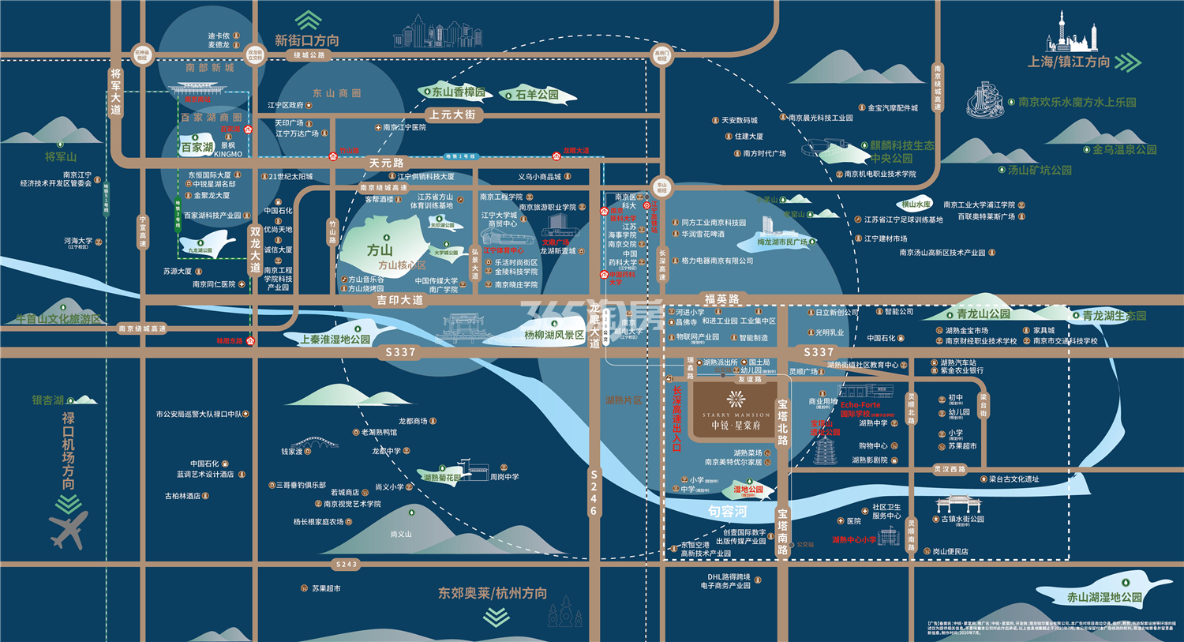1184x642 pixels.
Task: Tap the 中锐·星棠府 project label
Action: pos(736,425)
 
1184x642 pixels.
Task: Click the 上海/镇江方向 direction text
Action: pos(1069,62)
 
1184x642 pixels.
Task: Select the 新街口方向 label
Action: pos(307,40)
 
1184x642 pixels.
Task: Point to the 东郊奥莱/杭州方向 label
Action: pos(493,593)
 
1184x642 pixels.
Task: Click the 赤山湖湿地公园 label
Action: pos(1104,597)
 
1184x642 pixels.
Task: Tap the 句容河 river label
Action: pos(727,512)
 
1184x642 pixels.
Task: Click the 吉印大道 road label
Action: pos(399,300)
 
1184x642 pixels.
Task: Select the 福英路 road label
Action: pos(721,299)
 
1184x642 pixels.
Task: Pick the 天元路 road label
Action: pos(386,163)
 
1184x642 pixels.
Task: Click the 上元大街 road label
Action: pos(452,115)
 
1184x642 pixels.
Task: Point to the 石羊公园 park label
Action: pos(537,95)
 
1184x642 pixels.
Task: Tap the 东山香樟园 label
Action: pos(458,92)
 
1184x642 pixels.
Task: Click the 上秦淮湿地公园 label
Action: pos(335,340)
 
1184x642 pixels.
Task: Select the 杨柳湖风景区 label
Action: pos(554,335)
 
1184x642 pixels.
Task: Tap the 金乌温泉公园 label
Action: pos(1124,149)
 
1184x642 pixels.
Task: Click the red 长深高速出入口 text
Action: pos(676,419)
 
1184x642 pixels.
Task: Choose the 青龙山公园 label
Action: pos(983,313)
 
